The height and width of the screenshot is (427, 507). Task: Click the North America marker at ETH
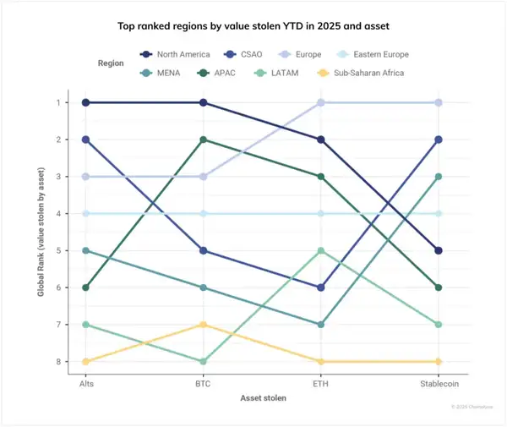pos(320,140)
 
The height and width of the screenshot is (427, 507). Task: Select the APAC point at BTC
pos(203,140)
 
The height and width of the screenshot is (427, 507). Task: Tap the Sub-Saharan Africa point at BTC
pos(203,325)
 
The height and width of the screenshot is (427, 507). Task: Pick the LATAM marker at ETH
pos(320,250)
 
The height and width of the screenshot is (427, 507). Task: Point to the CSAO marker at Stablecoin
pos(439,140)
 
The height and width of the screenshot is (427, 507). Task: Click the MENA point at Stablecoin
pos(439,177)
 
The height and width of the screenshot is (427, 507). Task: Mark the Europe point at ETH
pos(320,102)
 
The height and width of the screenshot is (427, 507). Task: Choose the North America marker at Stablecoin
pos(439,250)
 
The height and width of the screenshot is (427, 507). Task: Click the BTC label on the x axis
pos(203,382)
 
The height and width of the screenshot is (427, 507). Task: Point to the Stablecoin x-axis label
pos(439,382)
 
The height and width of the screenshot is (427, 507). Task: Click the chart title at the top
pos(253,25)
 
